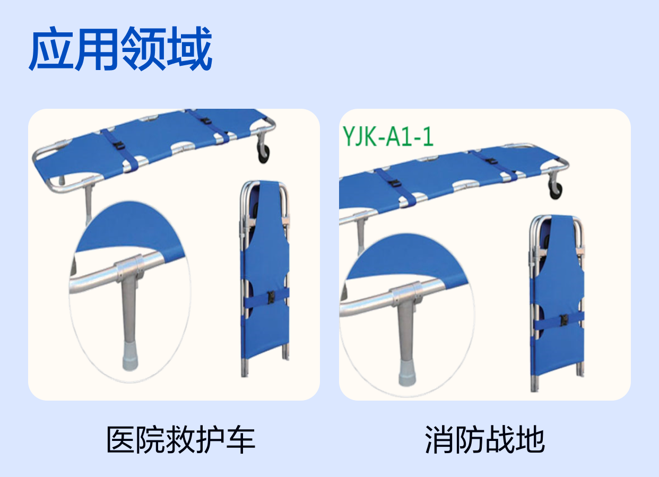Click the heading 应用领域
pos(120,48)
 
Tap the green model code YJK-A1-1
pos(388,136)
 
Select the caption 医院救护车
pos(180,440)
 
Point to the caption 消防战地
pos(484,440)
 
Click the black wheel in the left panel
pos(264,154)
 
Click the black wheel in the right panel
pos(556,190)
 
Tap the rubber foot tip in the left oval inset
pos(130,356)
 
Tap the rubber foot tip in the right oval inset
pos(407,373)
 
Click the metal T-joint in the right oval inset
pos(407,295)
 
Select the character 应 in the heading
pos(51,49)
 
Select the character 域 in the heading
pos(190,49)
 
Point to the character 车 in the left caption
pos(241,440)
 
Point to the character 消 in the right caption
pos(439,440)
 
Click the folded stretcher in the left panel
pos(265,279)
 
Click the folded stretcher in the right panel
pos(557,303)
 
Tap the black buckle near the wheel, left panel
pos(206,121)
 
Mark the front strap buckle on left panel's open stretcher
pos(119,145)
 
